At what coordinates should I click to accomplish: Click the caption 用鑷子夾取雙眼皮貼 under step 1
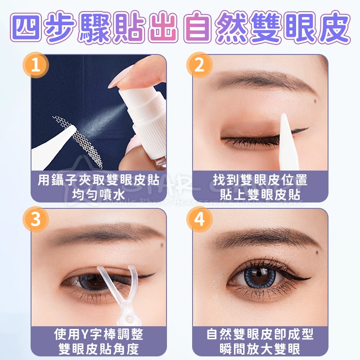tap(99, 180)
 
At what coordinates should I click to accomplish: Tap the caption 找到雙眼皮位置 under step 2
tap(261, 180)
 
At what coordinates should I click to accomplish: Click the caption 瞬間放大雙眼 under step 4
tap(261, 349)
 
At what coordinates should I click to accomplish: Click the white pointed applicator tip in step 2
tap(285, 124)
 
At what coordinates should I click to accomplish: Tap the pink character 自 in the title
tap(198, 28)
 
